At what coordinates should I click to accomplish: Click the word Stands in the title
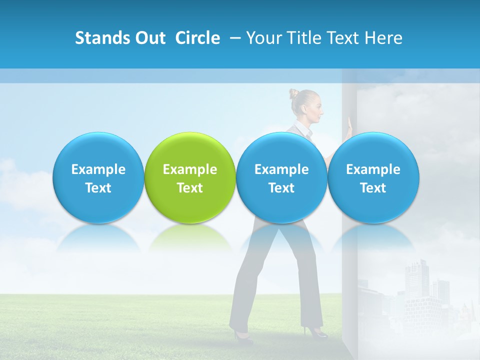pos(103,38)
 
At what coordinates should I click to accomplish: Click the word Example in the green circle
pos(189,169)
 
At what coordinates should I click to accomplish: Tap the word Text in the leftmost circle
pos(98,188)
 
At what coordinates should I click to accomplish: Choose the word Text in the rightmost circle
pos(373,188)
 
